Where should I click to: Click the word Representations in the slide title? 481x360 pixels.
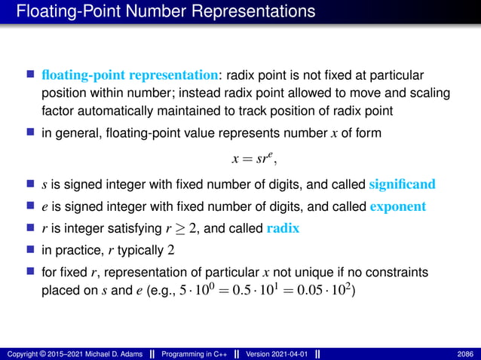tap(246, 12)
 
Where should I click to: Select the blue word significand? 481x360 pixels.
tap(403, 185)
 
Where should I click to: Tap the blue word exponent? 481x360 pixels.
tap(399, 206)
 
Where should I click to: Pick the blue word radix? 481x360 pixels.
tap(283, 228)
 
